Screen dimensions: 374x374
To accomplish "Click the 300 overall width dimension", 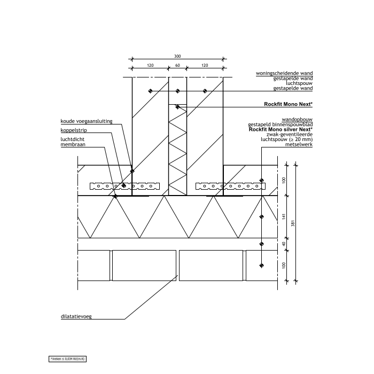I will [177, 56].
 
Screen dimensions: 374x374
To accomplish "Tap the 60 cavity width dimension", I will [177, 65].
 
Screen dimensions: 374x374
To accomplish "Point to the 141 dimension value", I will [285, 216].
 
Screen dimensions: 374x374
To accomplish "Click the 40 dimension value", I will [285, 244].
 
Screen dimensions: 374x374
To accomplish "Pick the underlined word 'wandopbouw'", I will [297, 120].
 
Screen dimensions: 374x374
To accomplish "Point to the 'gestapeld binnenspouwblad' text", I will [286, 125].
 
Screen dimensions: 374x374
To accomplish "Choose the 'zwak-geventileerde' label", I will [293, 135].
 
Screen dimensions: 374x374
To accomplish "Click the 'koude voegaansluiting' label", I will [87, 121].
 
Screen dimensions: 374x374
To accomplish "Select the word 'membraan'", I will [73, 144].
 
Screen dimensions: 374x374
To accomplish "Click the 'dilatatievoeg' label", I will [76, 316].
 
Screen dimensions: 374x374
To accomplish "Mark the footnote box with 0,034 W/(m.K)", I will [68, 359].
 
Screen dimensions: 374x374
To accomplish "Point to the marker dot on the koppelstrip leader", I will [123, 185].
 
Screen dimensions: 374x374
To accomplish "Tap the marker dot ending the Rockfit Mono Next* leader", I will [178, 107].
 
